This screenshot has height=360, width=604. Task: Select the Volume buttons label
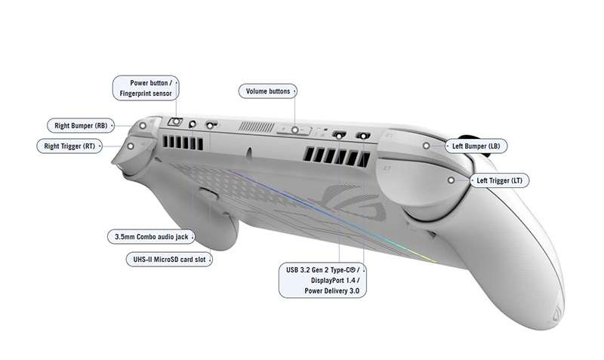point(268,91)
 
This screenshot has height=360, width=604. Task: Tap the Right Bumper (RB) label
point(79,125)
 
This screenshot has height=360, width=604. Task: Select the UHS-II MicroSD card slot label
point(168,259)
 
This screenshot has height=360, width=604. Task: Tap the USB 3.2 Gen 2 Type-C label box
point(323,278)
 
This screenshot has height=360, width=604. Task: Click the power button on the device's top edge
point(175,122)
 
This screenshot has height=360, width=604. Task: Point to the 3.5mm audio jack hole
point(193,125)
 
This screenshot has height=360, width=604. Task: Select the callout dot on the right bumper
point(142,125)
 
